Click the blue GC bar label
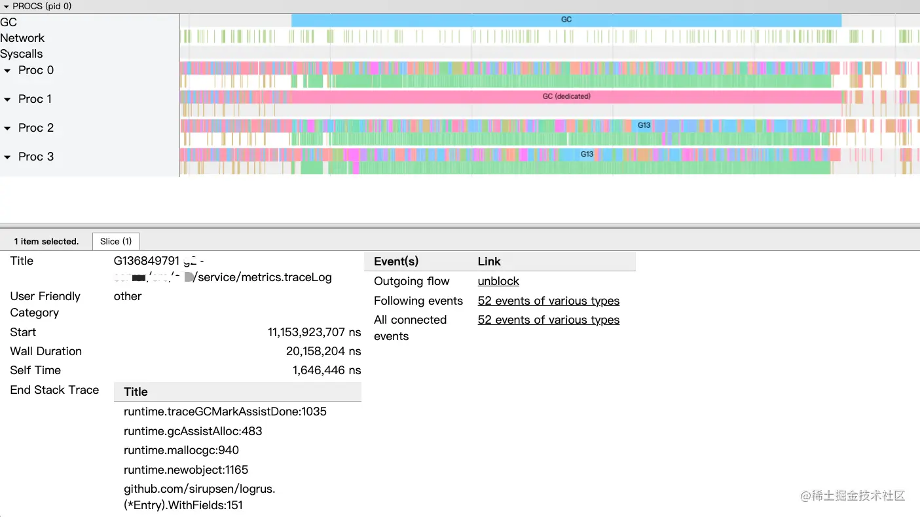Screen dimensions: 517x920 [x=566, y=20]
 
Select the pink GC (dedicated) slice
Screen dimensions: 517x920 [x=566, y=96]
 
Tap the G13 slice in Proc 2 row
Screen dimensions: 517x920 [x=644, y=125]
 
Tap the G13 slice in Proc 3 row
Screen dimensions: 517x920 [x=587, y=154]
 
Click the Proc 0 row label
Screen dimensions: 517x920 [x=36, y=70]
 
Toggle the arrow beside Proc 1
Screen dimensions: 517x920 [x=8, y=100]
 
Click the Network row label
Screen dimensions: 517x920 [x=22, y=38]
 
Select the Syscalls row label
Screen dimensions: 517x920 [x=22, y=54]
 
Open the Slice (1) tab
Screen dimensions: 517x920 [x=116, y=241]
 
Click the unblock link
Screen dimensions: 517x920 [x=498, y=281]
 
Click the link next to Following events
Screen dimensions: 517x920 [x=548, y=301]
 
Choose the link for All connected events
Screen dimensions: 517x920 [x=548, y=320]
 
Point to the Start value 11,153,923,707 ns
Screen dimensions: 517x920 [x=314, y=332]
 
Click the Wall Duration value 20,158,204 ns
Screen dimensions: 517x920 [x=323, y=351]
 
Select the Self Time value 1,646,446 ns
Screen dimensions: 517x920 [x=327, y=370]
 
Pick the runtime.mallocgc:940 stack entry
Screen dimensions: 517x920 [x=181, y=450]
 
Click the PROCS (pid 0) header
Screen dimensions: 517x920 [x=42, y=6]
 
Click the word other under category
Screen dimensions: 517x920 [x=128, y=296]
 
